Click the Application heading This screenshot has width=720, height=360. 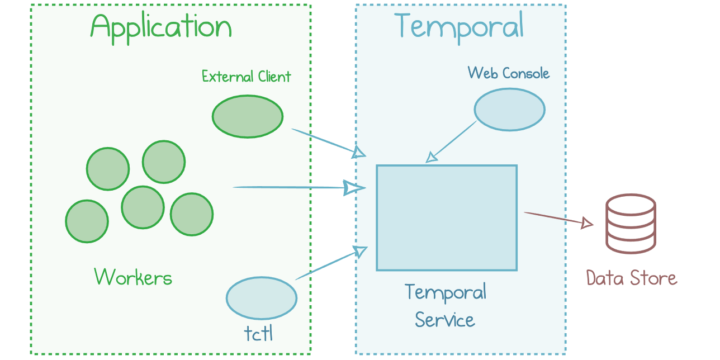pyautogui.click(x=161, y=26)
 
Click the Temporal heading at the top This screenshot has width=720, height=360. pyautogui.click(x=460, y=26)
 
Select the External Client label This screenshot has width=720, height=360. pyautogui.click(x=247, y=77)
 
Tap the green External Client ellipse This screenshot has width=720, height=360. pyautogui.click(x=248, y=117)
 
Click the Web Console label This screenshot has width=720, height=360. pyautogui.click(x=508, y=73)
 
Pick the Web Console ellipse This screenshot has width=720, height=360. pyautogui.click(x=509, y=109)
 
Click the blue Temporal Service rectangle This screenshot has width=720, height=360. pyautogui.click(x=446, y=217)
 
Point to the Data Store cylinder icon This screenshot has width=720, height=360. pyautogui.click(x=631, y=224)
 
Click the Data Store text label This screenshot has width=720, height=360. pyautogui.click(x=631, y=278)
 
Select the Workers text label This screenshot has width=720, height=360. pyautogui.click(x=133, y=277)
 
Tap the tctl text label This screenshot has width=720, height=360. pyautogui.click(x=259, y=333)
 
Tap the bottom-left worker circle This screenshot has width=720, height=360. pyautogui.click(x=87, y=221)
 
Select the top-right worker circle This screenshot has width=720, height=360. pyautogui.click(x=163, y=162)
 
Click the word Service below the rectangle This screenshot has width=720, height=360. pyautogui.click(x=445, y=320)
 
